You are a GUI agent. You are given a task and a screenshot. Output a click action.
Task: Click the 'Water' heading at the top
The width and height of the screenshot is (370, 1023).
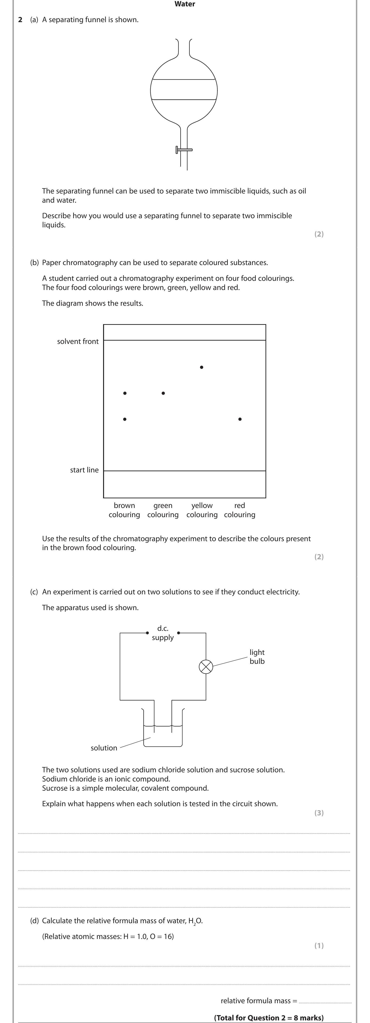(x=185, y=4)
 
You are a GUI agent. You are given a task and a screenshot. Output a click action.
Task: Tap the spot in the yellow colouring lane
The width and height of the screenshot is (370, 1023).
(x=202, y=367)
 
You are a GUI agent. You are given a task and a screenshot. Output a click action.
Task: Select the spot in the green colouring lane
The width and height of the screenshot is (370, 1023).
(x=163, y=393)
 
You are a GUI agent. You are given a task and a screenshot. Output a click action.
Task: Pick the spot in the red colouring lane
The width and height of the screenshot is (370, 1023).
(x=240, y=419)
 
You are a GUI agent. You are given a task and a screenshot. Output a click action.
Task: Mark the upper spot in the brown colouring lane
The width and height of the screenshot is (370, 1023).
(x=125, y=393)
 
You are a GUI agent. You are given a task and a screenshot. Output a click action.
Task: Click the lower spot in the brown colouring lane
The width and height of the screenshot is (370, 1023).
(x=125, y=419)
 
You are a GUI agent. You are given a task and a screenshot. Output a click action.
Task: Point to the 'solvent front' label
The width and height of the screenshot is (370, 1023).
(x=78, y=342)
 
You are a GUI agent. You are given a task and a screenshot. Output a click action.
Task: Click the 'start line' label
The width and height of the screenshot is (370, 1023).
(x=84, y=470)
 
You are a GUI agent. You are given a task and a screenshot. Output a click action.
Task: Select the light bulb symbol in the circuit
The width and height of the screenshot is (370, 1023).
(x=206, y=667)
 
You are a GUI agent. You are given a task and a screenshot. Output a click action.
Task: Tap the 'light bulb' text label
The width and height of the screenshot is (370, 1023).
(x=257, y=656)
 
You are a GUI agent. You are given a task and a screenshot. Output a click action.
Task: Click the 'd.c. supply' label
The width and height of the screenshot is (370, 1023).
(x=163, y=633)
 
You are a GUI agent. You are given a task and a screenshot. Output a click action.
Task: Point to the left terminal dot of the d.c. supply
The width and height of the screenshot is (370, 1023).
(x=147, y=633)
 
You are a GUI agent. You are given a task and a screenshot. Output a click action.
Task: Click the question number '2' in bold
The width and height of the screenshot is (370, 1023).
(x=20, y=20)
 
